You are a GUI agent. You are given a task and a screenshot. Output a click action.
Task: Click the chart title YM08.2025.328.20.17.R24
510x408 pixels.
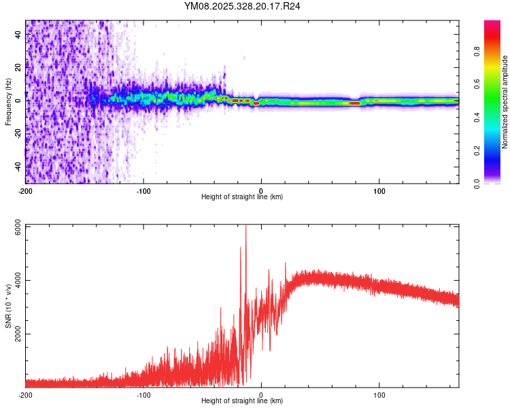[x=243, y=7]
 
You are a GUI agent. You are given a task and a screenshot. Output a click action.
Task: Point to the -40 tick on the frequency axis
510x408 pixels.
[x=16, y=165]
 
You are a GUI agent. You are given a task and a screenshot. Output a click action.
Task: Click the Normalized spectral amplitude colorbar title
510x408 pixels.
[x=505, y=102]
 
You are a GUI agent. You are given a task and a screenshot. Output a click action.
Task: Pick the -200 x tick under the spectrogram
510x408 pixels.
[x=26, y=190]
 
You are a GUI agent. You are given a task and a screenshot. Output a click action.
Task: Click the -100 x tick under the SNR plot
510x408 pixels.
[x=143, y=394]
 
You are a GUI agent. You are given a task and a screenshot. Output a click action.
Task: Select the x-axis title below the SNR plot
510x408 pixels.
[x=242, y=401]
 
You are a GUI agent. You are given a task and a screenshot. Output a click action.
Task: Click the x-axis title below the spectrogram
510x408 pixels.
[x=242, y=197]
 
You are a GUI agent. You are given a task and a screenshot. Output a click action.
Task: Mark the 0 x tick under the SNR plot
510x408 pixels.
[x=262, y=394]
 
